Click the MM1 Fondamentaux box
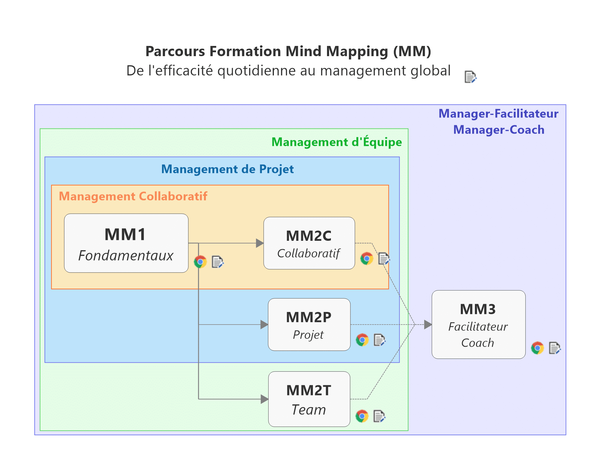tap(126, 243)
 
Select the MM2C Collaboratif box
tap(309, 243)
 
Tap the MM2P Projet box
tap(309, 325)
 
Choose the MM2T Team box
tap(309, 399)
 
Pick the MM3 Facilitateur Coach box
tap(478, 325)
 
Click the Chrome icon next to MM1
tap(200, 262)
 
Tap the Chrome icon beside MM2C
tap(367, 259)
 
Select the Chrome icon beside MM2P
tap(362, 340)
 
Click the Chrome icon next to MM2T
tap(362, 416)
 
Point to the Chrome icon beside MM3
tap(537, 348)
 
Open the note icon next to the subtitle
tap(470, 77)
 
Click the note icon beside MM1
tap(217, 262)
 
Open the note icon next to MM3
tap(554, 348)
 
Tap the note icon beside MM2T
tap(379, 416)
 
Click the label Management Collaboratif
tap(133, 196)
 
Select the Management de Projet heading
tap(227, 169)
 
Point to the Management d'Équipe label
tap(336, 142)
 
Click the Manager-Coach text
tap(499, 130)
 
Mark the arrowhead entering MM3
tap(428, 325)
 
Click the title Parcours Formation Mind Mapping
tap(288, 51)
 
